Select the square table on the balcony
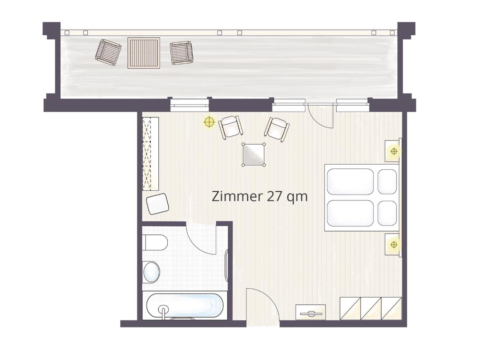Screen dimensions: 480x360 click(x=144, y=53)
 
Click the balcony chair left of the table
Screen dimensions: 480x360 click(x=108, y=52)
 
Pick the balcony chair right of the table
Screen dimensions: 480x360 click(x=182, y=53)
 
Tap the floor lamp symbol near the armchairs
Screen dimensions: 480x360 click(x=209, y=122)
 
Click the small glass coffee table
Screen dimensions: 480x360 click(x=254, y=155)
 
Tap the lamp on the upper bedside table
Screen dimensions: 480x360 click(x=394, y=151)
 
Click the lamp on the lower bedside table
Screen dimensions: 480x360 click(x=394, y=245)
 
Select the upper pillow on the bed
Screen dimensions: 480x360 click(x=387, y=181)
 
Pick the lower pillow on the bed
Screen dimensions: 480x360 click(x=387, y=213)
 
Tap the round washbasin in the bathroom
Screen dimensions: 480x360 click(x=151, y=273)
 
